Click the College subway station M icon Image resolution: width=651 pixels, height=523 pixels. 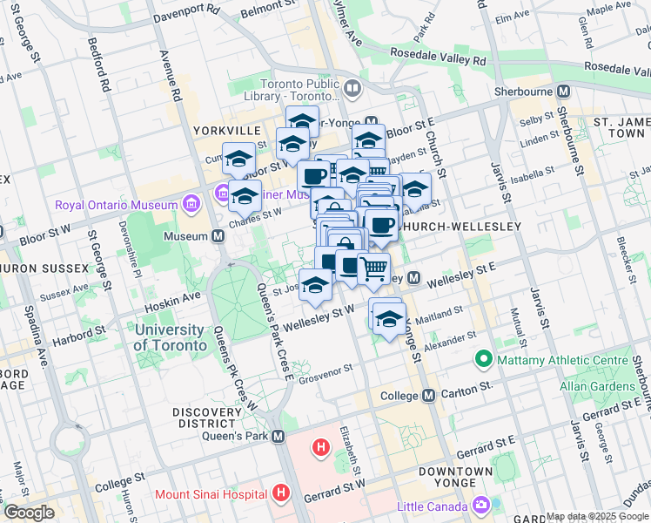(x=428, y=395)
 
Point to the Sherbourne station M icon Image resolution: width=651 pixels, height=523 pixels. (x=564, y=91)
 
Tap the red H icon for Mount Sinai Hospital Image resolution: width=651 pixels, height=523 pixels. (x=280, y=493)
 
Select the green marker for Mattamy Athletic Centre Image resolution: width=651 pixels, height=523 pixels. (x=483, y=359)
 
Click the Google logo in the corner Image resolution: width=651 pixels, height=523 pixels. (x=29, y=513)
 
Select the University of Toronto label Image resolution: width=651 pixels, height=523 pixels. (x=170, y=337)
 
